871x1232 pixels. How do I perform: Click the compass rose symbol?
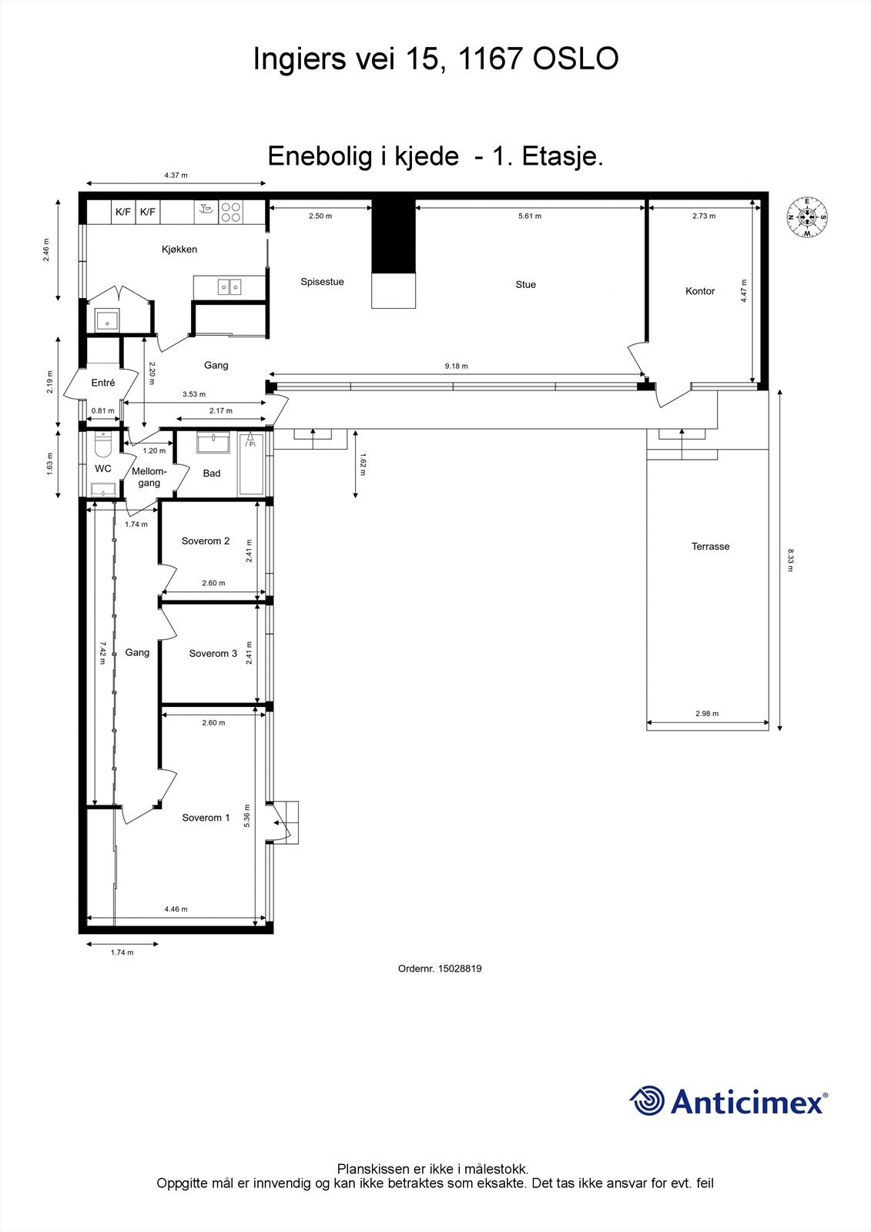pyautogui.click(x=807, y=217)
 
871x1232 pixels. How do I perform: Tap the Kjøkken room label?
pyautogui.click(x=179, y=249)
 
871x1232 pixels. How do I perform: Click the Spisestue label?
pyautogui.click(x=322, y=282)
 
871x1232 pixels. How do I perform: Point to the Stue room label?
pyautogui.click(x=525, y=285)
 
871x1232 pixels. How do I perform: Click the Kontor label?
pyautogui.click(x=700, y=291)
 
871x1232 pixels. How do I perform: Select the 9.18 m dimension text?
pyautogui.click(x=456, y=367)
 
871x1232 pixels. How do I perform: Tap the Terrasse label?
pyautogui.click(x=710, y=547)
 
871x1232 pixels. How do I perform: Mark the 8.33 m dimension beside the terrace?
pyautogui.click(x=790, y=560)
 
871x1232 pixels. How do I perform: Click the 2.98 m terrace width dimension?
pyautogui.click(x=706, y=714)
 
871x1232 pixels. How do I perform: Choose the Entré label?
pyautogui.click(x=103, y=383)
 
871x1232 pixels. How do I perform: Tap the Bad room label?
pyautogui.click(x=212, y=474)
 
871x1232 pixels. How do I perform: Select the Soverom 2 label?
pyautogui.click(x=206, y=541)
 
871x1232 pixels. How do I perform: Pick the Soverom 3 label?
pyautogui.click(x=213, y=654)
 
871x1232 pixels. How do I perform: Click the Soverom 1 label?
pyautogui.click(x=206, y=818)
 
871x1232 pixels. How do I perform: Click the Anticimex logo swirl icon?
pyautogui.click(x=647, y=1100)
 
